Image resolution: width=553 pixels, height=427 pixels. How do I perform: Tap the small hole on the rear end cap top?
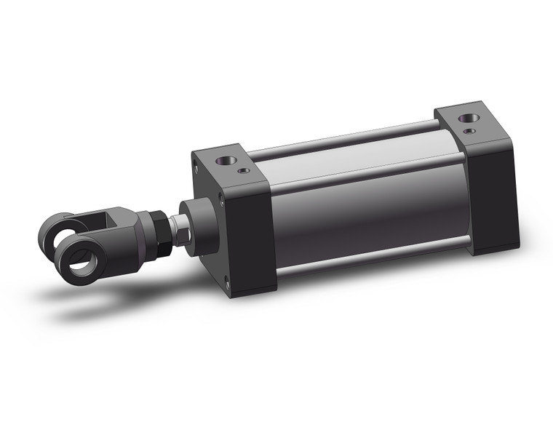tap(471, 131)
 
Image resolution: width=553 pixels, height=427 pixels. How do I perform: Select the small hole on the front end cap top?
tap(244, 171)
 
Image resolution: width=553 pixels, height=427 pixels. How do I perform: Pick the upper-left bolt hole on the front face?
tap(196, 165)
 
